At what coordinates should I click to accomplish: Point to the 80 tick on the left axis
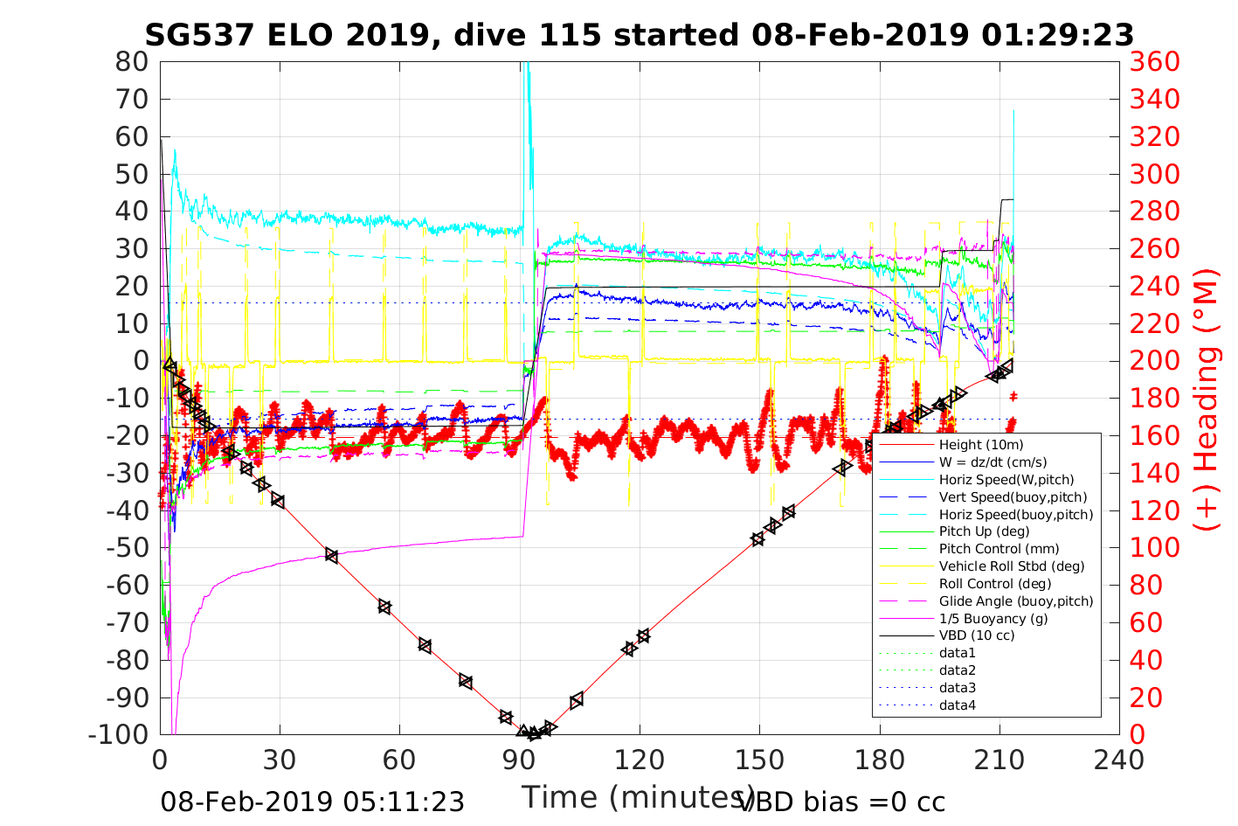132,62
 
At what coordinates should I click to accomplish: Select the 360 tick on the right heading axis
1155,62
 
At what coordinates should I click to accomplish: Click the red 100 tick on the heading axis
1155,548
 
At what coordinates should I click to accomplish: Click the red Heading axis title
1207,438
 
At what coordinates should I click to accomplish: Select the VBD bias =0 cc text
841,802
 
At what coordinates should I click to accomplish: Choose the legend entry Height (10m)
981,445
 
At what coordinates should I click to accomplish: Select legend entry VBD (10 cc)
977,635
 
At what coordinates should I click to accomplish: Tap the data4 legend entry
958,705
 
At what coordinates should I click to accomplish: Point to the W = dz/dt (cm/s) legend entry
992,462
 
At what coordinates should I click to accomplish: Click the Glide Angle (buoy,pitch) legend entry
1016,600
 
